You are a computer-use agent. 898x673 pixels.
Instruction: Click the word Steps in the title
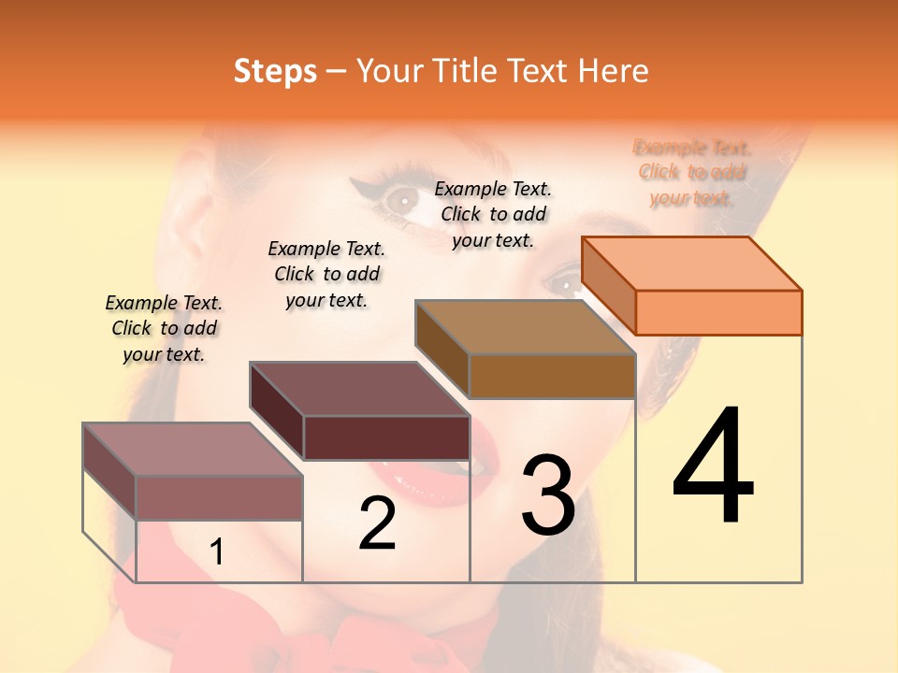pos(275,71)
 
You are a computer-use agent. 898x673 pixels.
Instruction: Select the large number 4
pos(714,466)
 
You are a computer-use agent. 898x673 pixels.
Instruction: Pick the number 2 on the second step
pos(377,523)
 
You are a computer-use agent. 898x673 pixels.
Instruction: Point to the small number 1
pos(217,552)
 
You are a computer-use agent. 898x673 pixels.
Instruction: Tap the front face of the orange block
pos(718,312)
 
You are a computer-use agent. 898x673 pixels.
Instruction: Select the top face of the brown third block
pos(525,327)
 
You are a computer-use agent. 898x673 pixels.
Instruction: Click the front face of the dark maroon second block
pos(386,437)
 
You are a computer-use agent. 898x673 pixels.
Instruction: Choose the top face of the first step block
pos(193,450)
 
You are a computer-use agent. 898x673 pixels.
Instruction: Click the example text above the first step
pos(164,328)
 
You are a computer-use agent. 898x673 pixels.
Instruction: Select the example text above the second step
pos(326,274)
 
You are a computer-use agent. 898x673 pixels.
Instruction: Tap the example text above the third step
pos(493,214)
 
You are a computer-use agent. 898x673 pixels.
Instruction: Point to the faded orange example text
pos(692,172)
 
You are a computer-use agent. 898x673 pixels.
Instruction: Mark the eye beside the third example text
pos(402,198)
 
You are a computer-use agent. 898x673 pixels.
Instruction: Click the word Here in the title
pos(614,71)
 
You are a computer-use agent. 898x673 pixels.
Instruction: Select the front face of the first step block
pos(219,497)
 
